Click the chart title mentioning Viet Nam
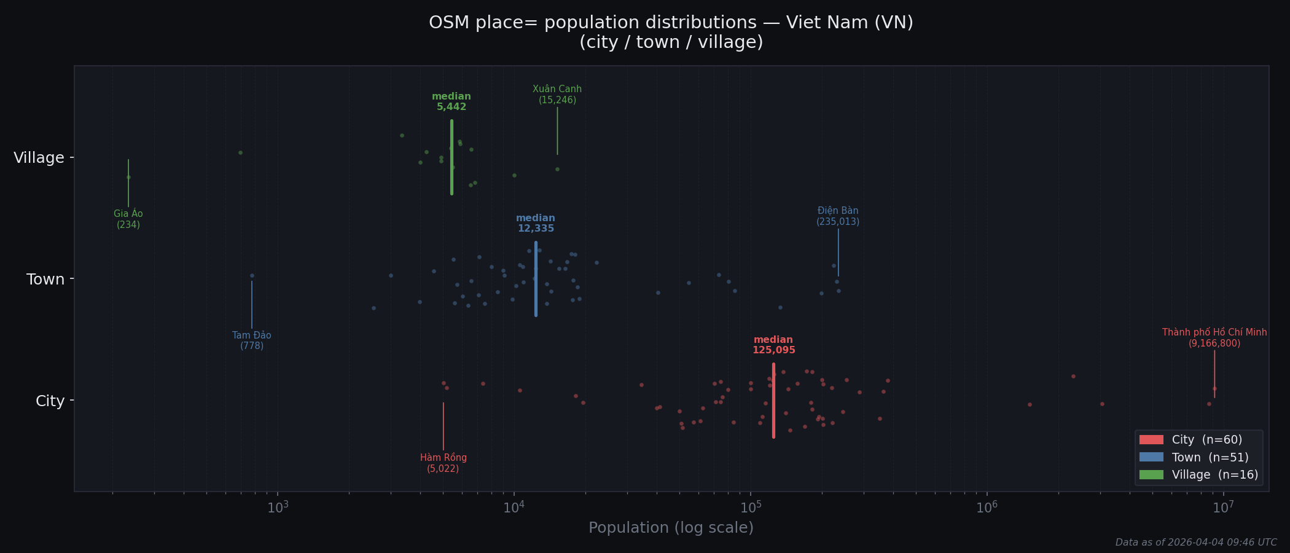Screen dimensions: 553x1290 tap(671, 32)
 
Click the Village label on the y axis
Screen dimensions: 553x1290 tap(39, 158)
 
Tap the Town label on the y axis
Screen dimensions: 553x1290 tap(45, 280)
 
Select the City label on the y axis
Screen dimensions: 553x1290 tap(50, 401)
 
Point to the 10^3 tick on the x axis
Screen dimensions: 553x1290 tap(278, 507)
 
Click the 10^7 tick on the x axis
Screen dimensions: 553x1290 tap(1223, 507)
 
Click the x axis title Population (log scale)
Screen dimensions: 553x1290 tap(671, 528)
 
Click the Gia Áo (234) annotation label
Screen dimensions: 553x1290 tap(128, 219)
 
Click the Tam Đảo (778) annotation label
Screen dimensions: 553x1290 tap(252, 340)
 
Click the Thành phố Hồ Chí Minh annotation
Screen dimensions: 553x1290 tap(1214, 338)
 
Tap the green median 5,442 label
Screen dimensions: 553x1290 tap(451, 102)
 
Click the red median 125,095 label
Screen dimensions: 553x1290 tap(773, 345)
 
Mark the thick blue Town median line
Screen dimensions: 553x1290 tap(536, 280)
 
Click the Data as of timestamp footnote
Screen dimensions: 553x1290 tap(1195, 543)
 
